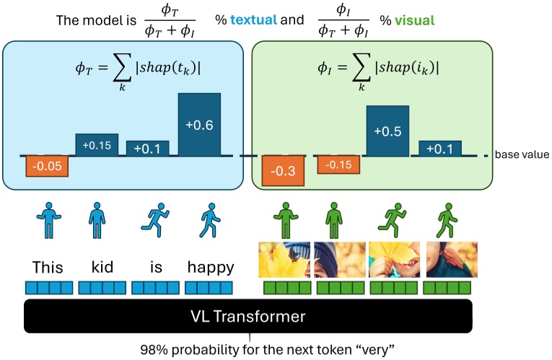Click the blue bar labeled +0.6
[x=199, y=124]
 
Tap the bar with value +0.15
[x=97, y=145]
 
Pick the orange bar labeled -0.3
[x=282, y=171]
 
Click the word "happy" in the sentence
[x=210, y=268]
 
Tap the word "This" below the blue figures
[x=47, y=268]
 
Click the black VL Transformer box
[x=249, y=316]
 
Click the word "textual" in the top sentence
[x=258, y=20]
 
